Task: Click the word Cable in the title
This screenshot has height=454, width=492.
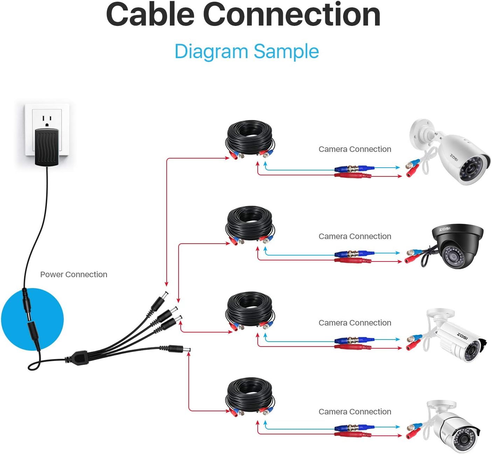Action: [x=150, y=14]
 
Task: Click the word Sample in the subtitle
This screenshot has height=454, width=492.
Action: [x=286, y=51]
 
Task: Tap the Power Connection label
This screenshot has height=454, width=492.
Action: [x=74, y=274]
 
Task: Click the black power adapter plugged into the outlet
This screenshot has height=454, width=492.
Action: [x=47, y=147]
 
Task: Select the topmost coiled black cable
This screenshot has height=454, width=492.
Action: [x=250, y=139]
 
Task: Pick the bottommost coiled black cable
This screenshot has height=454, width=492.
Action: [x=250, y=397]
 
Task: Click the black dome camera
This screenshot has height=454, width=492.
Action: [x=457, y=246]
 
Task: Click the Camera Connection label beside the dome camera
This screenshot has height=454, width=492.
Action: [x=355, y=236]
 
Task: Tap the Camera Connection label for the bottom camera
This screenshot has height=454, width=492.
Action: [x=355, y=412]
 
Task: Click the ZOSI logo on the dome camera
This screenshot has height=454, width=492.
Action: [x=445, y=229]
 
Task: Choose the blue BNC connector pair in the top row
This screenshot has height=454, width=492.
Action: [x=354, y=169]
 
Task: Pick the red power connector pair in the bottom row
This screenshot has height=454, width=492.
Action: [x=353, y=434]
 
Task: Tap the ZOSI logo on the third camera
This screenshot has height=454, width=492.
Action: [x=462, y=336]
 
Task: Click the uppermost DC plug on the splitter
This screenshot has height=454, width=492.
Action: [x=160, y=301]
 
